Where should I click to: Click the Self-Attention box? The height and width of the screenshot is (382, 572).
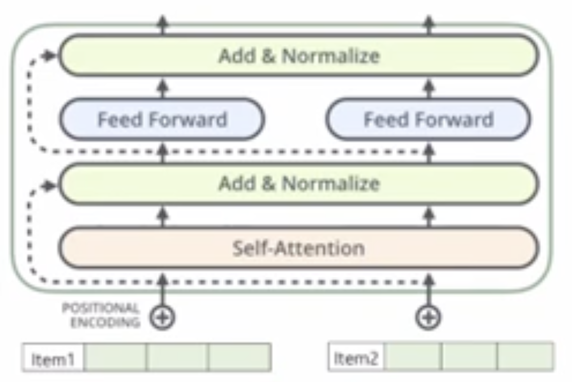pyautogui.click(x=299, y=248)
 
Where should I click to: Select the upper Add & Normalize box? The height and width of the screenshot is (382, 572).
pyautogui.click(x=299, y=55)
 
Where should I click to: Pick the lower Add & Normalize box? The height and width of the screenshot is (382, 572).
pyautogui.click(x=299, y=183)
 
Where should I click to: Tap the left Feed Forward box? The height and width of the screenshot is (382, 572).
pyautogui.click(x=162, y=119)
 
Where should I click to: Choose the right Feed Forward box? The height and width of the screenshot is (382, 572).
pyautogui.click(x=428, y=119)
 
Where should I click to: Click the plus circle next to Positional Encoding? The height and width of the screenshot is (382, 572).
pyautogui.click(x=162, y=317)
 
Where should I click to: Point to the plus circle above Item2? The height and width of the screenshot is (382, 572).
pyautogui.click(x=428, y=317)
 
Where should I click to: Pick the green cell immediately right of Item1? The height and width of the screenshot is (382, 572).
pyautogui.click(x=115, y=358)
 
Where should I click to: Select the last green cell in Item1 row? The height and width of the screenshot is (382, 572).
pyautogui.click(x=240, y=358)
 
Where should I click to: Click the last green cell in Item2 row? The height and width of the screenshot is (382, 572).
pyautogui.click(x=525, y=357)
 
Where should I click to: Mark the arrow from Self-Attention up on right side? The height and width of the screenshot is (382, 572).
pyautogui.click(x=429, y=217)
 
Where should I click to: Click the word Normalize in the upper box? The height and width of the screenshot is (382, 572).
pyautogui.click(x=331, y=55)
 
